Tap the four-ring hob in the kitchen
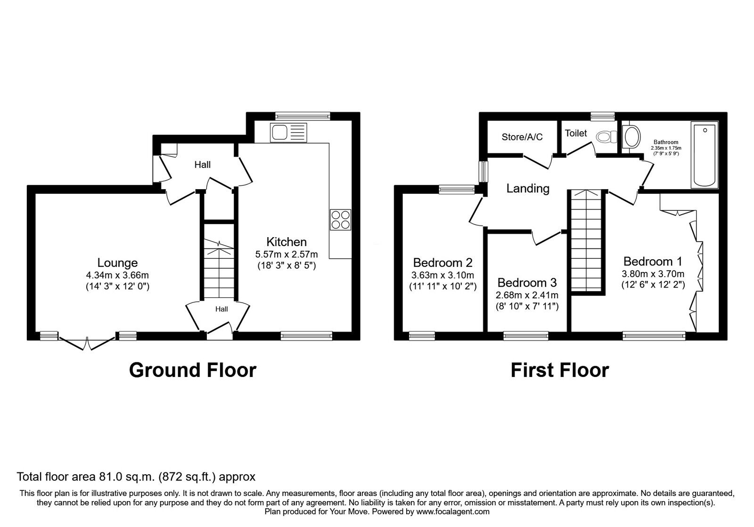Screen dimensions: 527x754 (x=340, y=219)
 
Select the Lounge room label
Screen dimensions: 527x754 (x=117, y=263)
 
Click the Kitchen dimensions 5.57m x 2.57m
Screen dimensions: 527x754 (x=287, y=254)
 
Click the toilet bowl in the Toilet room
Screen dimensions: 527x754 (x=606, y=137)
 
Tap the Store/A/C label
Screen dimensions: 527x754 (x=522, y=137)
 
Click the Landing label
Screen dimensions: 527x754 (x=528, y=189)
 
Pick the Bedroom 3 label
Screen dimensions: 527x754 (x=527, y=283)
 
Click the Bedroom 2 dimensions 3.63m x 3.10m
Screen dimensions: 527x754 (x=443, y=275)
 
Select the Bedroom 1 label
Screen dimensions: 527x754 (x=653, y=261)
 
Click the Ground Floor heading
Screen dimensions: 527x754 (x=192, y=370)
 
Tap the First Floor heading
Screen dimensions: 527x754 (x=559, y=370)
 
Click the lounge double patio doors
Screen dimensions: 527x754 (x=87, y=343)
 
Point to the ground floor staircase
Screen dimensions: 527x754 (x=219, y=268)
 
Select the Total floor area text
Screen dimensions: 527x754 (x=136, y=477)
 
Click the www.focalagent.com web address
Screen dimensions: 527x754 (x=452, y=511)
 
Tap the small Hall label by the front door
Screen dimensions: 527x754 (x=221, y=309)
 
